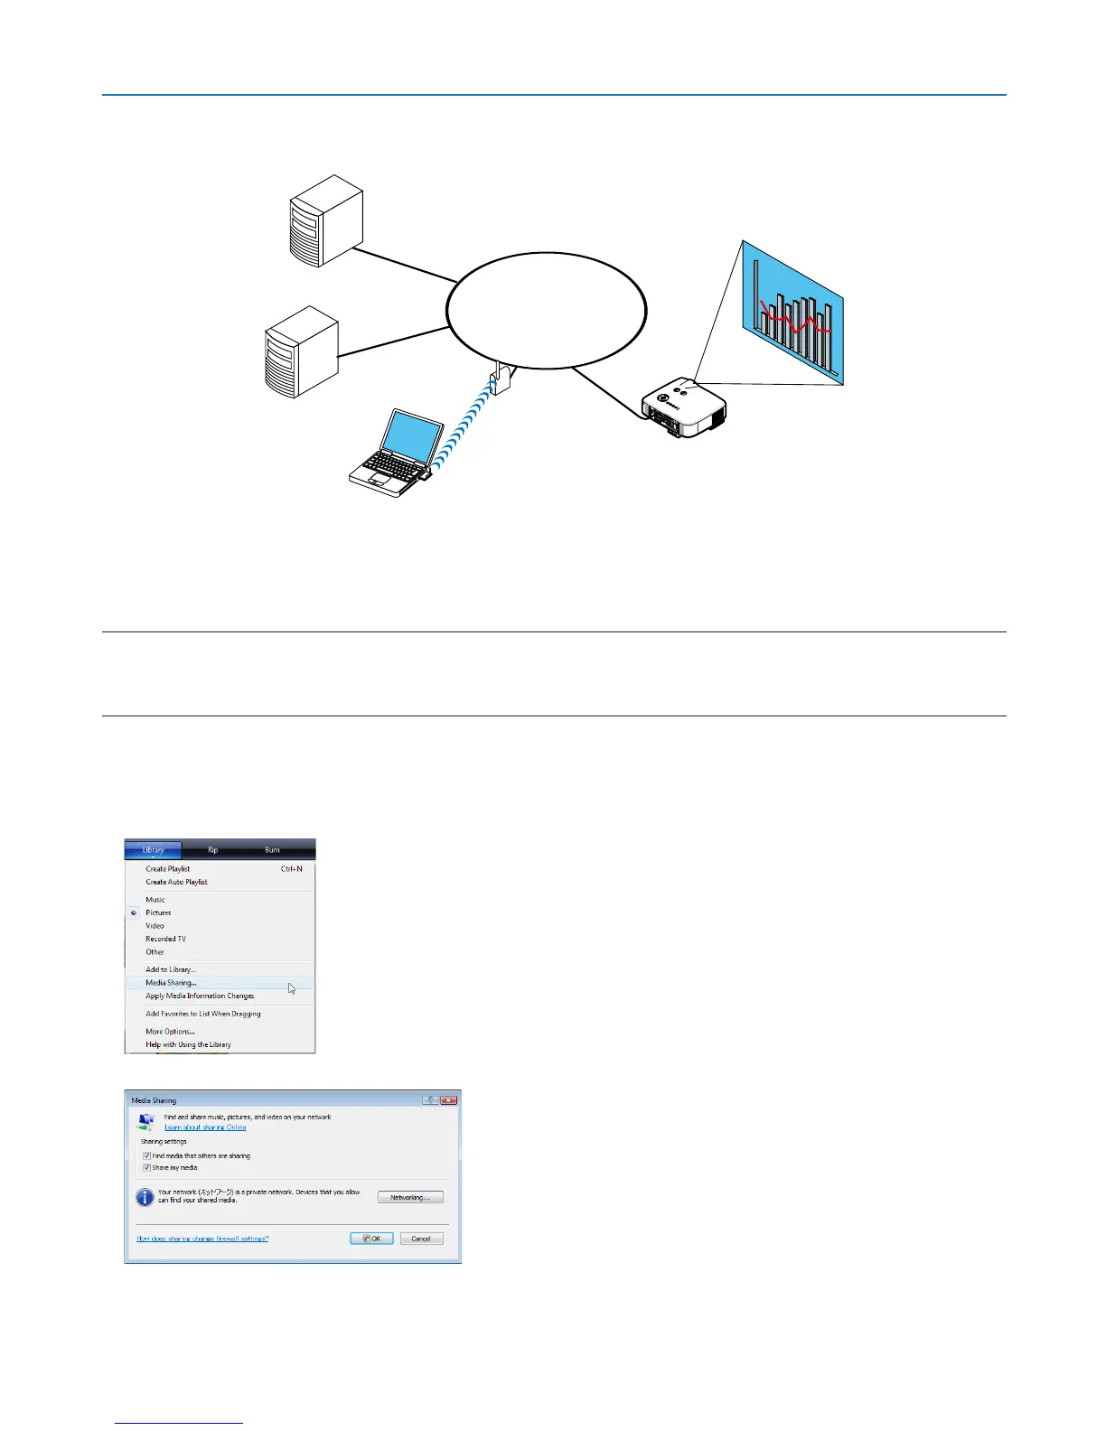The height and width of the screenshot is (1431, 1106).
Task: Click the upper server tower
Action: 325,221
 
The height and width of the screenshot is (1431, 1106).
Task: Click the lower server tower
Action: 301,353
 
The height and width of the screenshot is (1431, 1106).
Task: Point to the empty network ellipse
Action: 547,310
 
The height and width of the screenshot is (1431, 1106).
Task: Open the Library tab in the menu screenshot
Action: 154,850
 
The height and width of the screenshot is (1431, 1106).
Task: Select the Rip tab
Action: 213,850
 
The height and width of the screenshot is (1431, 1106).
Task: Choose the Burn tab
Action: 272,850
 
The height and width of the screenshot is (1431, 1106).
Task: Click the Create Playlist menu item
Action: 168,869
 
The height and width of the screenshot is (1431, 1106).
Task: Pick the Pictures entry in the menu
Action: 158,912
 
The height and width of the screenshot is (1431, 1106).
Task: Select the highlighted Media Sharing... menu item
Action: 171,983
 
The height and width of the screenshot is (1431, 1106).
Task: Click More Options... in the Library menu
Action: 170,1032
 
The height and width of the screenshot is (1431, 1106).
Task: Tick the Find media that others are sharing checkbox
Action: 146,1155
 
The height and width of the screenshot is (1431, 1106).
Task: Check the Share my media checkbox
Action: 146,1167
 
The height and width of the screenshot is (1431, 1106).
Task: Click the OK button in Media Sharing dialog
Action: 371,1239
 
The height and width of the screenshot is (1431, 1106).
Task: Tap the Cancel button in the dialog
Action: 421,1239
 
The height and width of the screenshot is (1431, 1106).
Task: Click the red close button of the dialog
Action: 449,1100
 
